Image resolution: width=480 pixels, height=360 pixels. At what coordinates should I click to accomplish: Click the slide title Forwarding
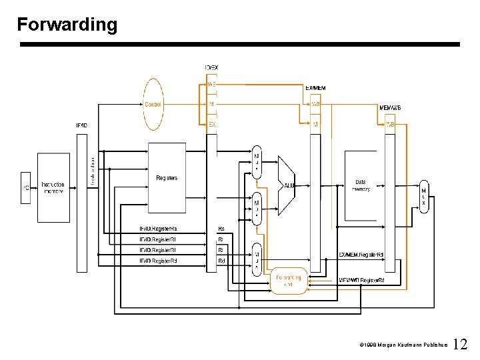(x=67, y=25)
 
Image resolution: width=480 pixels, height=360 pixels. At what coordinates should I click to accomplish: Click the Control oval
(x=153, y=104)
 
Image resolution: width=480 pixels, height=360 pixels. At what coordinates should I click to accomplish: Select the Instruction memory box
(x=53, y=188)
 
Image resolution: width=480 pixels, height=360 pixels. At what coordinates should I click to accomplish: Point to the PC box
(x=27, y=188)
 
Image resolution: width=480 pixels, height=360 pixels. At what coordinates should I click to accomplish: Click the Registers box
(x=167, y=178)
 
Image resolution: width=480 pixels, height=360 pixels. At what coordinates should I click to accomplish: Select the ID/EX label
(x=211, y=67)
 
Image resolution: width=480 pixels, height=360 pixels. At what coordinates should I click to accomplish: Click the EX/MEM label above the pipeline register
(x=315, y=88)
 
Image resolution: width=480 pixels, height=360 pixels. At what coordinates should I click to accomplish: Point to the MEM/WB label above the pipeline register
(x=389, y=107)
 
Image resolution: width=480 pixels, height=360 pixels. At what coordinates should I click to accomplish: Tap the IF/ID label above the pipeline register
(x=81, y=125)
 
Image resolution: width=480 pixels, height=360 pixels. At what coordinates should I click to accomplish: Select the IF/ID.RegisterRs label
(x=158, y=229)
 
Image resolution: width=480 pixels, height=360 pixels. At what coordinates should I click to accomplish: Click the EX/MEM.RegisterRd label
(x=361, y=255)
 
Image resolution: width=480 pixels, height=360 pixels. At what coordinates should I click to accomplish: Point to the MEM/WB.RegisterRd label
(x=371, y=281)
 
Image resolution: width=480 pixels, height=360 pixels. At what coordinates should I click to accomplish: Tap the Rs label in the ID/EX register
(x=221, y=229)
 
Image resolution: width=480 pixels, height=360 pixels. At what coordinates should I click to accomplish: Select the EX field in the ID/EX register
(x=212, y=124)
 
